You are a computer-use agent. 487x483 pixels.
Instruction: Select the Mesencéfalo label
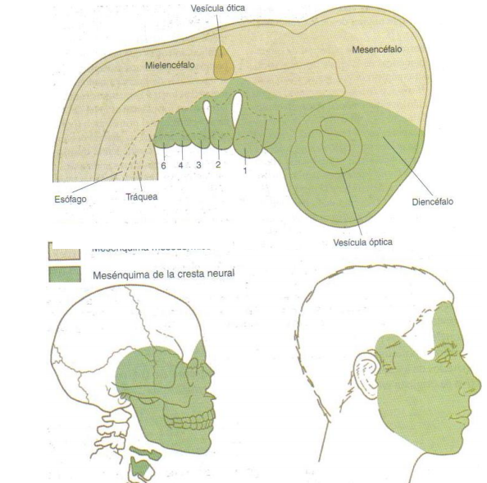pyautogui.click(x=378, y=49)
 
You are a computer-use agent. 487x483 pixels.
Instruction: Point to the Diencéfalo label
pyautogui.click(x=430, y=200)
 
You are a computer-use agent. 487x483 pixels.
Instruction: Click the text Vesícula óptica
pyautogui.click(x=362, y=241)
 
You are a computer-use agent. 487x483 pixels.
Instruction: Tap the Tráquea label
pyautogui.click(x=141, y=197)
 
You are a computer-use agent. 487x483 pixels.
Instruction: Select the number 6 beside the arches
pyautogui.click(x=164, y=165)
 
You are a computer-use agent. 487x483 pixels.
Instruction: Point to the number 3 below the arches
pyautogui.click(x=198, y=165)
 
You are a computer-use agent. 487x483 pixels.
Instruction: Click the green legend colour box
pyautogui.click(x=64, y=274)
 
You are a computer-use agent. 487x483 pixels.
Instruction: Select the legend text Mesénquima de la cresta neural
pyautogui.click(x=162, y=274)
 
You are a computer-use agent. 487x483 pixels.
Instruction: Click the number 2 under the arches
pyautogui.click(x=218, y=165)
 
